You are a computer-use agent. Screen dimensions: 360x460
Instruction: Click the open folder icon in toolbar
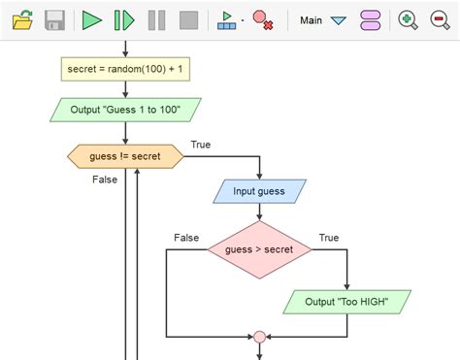click(22, 19)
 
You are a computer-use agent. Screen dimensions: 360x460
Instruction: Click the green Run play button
click(91, 19)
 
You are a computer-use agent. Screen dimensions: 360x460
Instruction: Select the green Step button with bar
click(123, 19)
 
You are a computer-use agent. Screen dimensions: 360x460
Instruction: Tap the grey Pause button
click(156, 19)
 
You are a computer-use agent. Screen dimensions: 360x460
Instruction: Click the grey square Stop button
click(189, 19)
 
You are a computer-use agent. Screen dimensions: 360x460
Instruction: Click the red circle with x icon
click(262, 19)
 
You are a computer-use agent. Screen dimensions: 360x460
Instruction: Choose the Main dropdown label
click(312, 19)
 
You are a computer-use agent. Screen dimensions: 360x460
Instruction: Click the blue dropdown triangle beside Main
click(338, 20)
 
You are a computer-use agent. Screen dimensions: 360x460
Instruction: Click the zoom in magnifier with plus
click(409, 19)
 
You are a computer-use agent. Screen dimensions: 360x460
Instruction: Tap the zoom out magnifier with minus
click(440, 19)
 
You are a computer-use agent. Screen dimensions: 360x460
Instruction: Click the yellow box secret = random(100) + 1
click(125, 69)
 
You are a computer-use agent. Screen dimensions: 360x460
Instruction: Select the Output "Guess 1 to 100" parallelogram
click(125, 108)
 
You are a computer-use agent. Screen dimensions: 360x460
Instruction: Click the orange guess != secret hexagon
click(125, 155)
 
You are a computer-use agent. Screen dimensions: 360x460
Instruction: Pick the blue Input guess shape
click(259, 191)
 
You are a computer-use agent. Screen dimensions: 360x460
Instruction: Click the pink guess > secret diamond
click(259, 249)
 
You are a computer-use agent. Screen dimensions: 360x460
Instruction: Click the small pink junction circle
click(259, 337)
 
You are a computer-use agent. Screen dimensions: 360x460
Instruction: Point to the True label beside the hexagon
click(201, 146)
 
